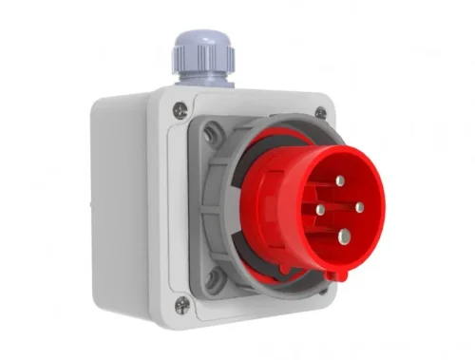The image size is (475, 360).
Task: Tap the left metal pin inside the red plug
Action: click(x=321, y=209)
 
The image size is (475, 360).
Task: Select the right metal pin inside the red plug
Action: click(x=359, y=206)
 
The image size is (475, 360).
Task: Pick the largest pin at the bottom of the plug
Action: click(x=341, y=238)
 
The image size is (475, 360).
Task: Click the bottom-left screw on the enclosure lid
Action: click(x=181, y=304)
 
